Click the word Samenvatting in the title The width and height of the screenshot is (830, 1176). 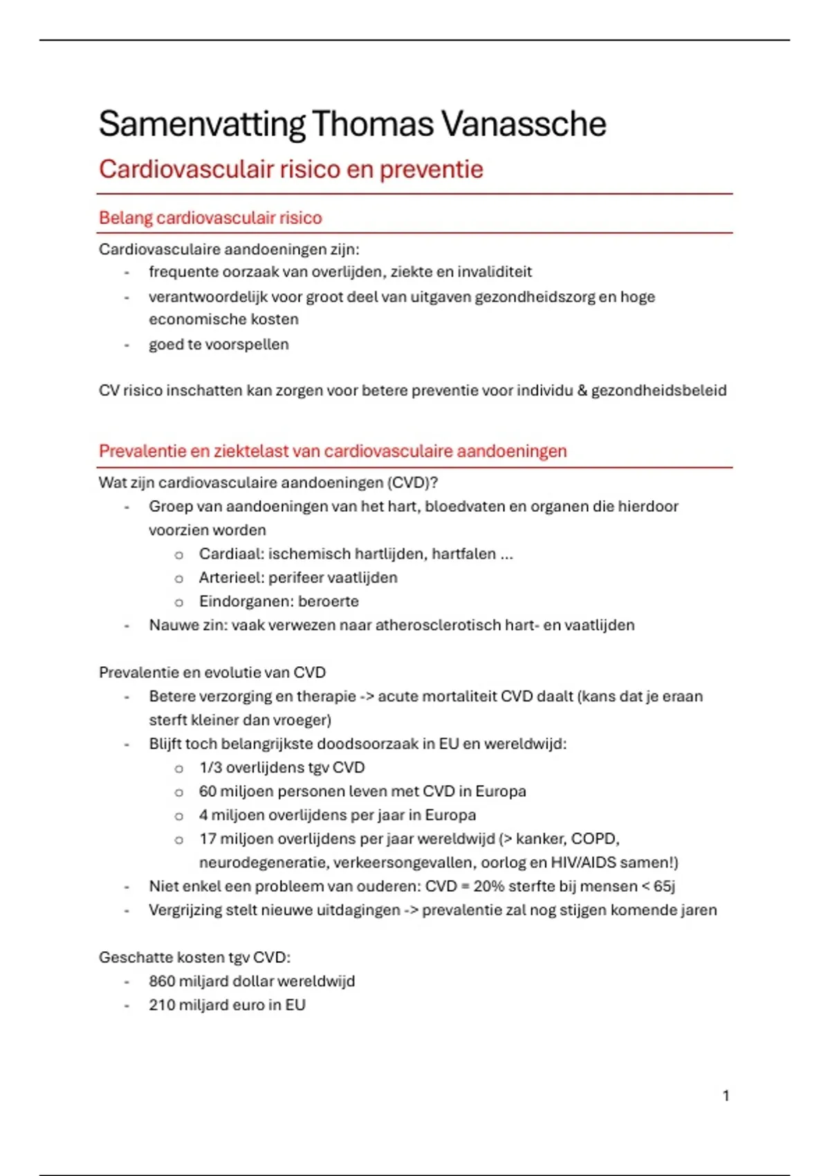pos(201,125)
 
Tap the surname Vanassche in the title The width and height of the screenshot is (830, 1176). pos(524,125)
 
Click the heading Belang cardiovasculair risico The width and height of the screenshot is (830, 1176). pos(210,218)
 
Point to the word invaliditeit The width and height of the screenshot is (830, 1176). pos(495,272)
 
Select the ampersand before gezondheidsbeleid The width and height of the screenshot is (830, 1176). pos(582,391)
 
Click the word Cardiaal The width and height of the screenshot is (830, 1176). pos(230,554)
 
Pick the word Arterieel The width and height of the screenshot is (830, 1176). pos(230,578)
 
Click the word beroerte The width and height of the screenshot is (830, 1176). pos(329,602)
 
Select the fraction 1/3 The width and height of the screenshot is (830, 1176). pos(210,768)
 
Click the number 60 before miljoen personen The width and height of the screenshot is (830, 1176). pos(207,791)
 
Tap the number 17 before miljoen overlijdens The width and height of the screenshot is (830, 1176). pos(207,839)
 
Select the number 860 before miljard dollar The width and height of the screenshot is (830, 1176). pos(162,982)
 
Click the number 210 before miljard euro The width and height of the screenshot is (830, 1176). pos(162,1005)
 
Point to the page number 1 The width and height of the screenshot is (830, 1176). pos(726,1096)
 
